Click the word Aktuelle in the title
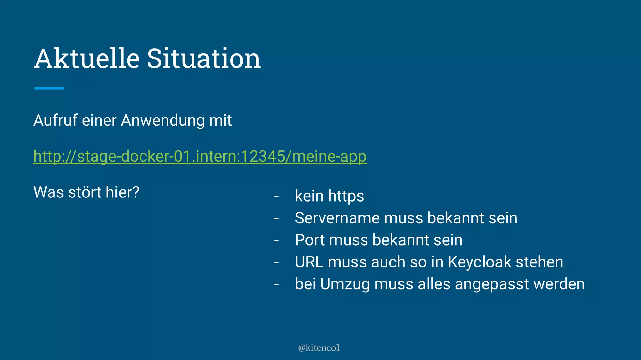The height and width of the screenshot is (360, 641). [87, 58]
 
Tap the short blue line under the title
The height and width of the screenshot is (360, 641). [49, 88]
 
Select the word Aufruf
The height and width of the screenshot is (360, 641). [55, 120]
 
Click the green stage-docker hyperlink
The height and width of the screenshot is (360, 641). [200, 156]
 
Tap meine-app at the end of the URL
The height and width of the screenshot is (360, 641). [329, 156]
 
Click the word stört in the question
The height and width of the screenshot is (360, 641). [85, 192]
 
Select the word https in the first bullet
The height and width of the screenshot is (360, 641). [346, 197]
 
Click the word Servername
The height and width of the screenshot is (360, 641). [337, 218]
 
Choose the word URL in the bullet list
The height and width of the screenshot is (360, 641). [309, 262]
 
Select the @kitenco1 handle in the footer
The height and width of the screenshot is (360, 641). [319, 348]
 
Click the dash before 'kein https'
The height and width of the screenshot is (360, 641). [276, 197]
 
